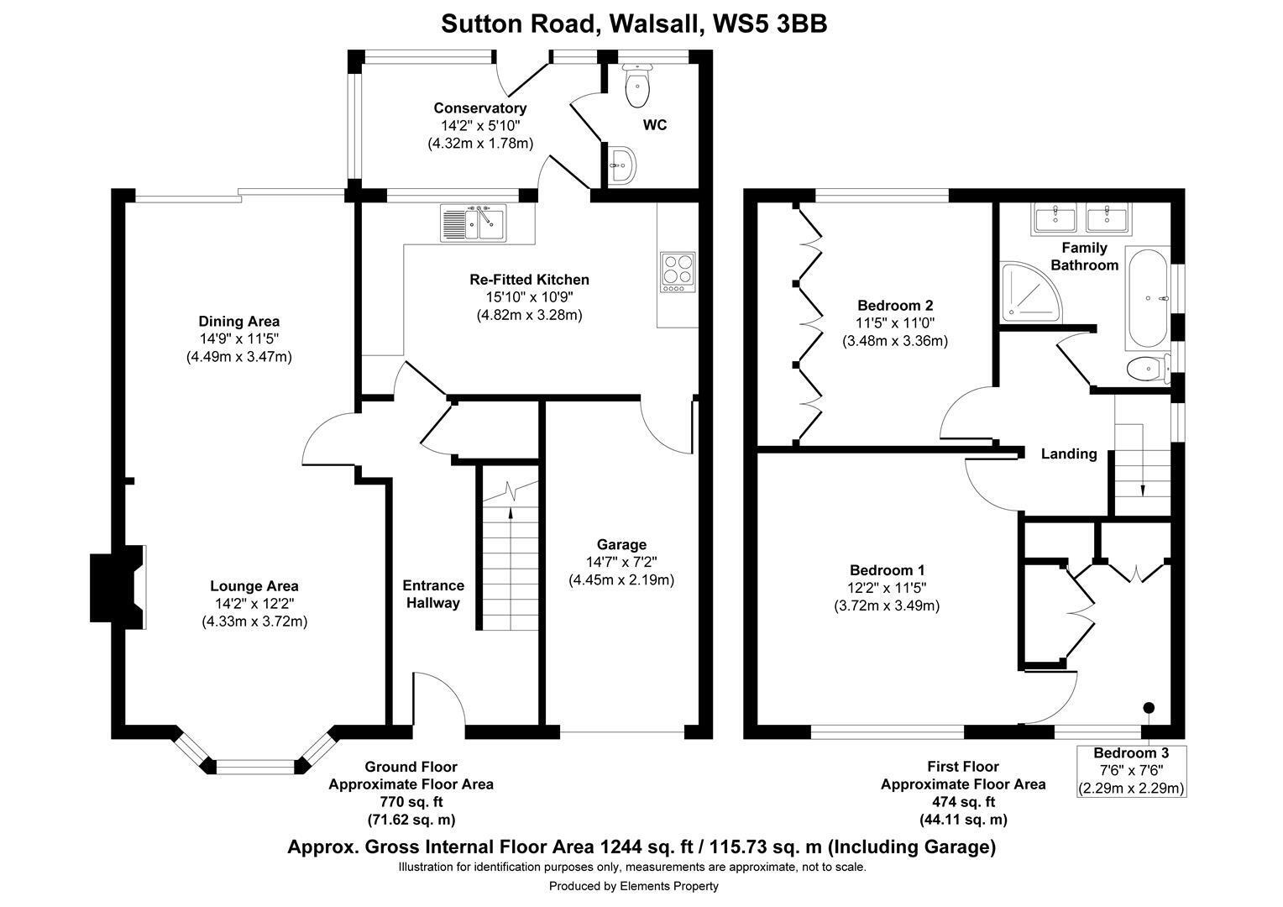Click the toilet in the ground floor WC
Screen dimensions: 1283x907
click(x=637, y=85)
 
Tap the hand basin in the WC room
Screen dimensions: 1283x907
click(x=621, y=165)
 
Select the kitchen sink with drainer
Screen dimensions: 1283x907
click(x=473, y=223)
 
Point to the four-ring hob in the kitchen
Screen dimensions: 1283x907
click(x=678, y=271)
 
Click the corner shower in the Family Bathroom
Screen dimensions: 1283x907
click(x=1030, y=292)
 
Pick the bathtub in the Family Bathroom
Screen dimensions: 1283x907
click(x=1148, y=298)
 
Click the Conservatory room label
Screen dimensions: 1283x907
click(x=480, y=107)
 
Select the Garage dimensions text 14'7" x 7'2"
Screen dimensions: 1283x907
click(x=621, y=562)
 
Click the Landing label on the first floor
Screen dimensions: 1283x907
click(x=1069, y=453)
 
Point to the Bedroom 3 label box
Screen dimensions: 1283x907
click(x=1131, y=771)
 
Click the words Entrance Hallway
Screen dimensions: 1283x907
click(x=433, y=594)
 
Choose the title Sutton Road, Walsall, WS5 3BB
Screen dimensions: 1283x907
click(x=634, y=24)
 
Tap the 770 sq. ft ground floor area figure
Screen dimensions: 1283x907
click(x=411, y=801)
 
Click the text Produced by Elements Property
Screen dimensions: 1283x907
click(x=633, y=886)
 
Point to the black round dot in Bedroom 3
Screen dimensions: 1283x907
click(x=1149, y=708)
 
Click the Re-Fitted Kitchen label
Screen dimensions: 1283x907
click(x=529, y=280)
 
